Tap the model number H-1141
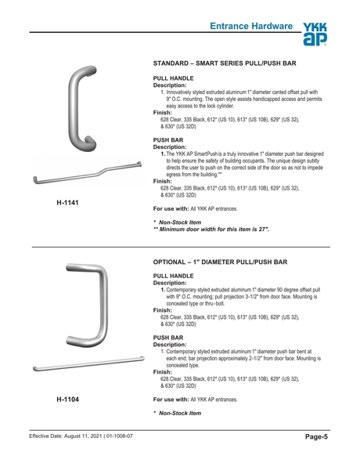(67, 203)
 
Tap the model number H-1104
(67, 400)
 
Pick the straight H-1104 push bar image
(86, 364)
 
